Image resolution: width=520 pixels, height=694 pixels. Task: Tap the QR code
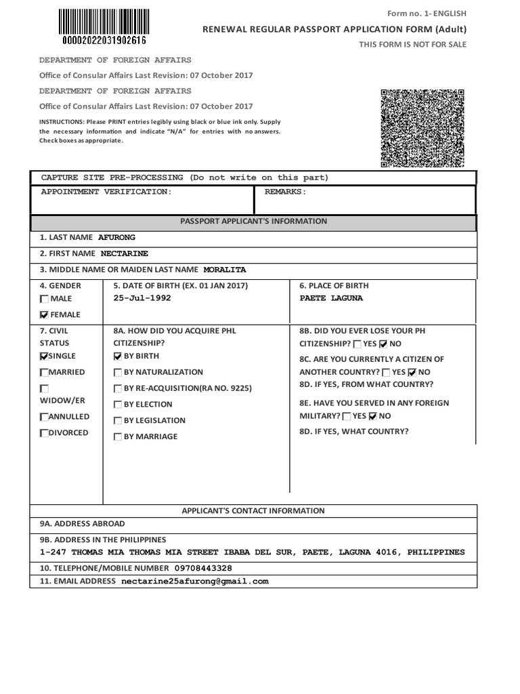(x=422, y=128)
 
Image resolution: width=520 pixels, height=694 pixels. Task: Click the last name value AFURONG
(x=117, y=237)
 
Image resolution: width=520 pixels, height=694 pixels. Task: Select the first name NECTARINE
(x=125, y=253)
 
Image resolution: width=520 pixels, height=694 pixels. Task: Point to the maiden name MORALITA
(x=225, y=270)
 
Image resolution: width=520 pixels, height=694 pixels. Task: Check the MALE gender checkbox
(x=45, y=299)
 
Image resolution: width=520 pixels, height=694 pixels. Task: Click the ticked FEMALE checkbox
(x=45, y=315)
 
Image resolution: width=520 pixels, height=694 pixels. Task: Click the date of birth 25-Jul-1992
(x=142, y=298)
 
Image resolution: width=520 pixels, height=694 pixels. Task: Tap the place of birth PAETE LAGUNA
(x=331, y=298)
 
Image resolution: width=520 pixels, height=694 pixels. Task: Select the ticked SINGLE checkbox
(x=45, y=356)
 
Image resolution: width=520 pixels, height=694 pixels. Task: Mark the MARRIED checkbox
(x=45, y=373)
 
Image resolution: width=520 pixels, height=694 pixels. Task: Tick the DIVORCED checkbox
(x=45, y=433)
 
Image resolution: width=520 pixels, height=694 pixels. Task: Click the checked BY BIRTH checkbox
(x=118, y=356)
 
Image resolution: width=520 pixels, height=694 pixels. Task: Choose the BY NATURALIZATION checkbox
(x=118, y=373)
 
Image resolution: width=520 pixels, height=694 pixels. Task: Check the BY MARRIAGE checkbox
(x=118, y=437)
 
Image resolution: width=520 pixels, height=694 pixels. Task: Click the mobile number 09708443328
(x=203, y=568)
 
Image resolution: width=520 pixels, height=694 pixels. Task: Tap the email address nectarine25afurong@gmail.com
(x=195, y=581)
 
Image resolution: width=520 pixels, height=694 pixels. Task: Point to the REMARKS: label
(x=285, y=192)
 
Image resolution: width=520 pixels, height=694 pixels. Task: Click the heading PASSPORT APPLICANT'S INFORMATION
(x=254, y=222)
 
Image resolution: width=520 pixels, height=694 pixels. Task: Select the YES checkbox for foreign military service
(x=347, y=417)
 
